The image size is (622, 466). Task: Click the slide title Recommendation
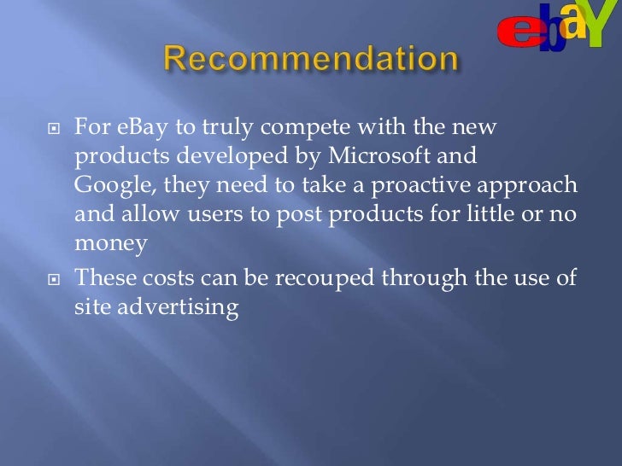pos(311,61)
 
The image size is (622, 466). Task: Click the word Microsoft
pos(395,157)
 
